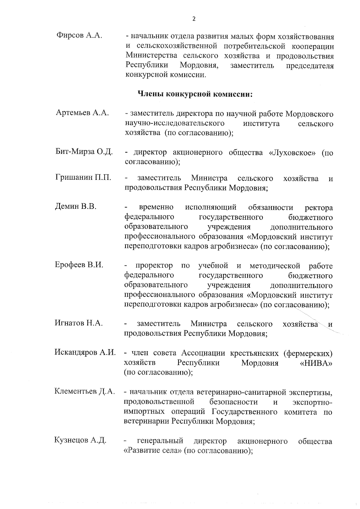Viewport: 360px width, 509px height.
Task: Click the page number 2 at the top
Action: (x=193, y=19)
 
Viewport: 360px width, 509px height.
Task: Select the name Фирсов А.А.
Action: (x=79, y=35)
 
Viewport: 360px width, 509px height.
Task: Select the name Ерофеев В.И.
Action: (x=79, y=265)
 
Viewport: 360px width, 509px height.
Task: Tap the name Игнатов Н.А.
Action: (x=79, y=323)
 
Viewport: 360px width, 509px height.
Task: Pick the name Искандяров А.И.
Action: (x=85, y=352)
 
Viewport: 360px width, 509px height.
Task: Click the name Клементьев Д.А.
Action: (x=85, y=391)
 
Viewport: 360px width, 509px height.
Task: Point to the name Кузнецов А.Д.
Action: (x=80, y=440)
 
